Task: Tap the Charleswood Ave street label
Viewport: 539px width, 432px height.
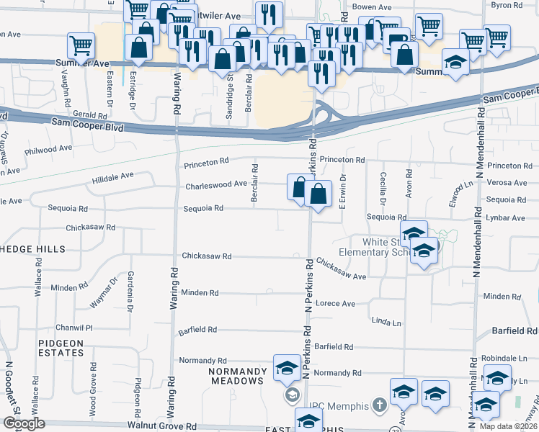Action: (216, 185)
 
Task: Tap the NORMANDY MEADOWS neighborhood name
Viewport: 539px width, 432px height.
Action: (233, 375)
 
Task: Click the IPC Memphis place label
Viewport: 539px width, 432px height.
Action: (339, 406)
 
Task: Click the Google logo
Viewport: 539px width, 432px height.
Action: (23, 423)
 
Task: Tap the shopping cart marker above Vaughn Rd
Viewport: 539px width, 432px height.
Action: (81, 46)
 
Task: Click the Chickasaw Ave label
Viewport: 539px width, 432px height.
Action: (342, 270)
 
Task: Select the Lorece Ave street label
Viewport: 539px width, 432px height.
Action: (336, 304)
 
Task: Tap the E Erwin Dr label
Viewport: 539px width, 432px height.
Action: (343, 191)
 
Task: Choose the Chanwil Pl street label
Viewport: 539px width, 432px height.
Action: (79, 328)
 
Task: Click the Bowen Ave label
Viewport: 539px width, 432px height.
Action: (370, 6)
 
